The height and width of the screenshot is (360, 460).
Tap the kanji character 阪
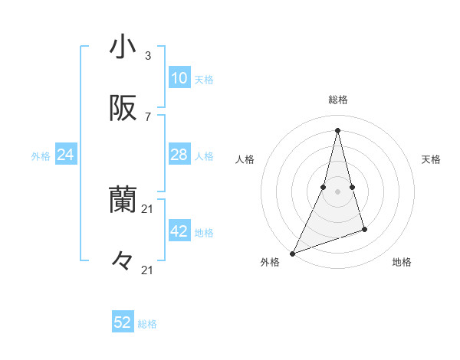point(123,110)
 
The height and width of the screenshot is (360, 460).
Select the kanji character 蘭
point(123,201)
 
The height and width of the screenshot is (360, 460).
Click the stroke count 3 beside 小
point(148,55)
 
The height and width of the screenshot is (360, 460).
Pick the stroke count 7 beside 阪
point(148,117)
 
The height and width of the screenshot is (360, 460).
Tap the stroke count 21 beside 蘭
point(148,208)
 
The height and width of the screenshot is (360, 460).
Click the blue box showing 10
point(179,78)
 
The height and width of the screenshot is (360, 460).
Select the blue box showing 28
point(179,155)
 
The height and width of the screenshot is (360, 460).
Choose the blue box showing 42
point(179,231)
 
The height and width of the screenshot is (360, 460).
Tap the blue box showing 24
point(66,155)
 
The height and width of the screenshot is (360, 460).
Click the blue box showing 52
point(123,322)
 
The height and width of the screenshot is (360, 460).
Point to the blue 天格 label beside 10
point(204,79)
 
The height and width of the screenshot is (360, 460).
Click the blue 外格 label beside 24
point(41,155)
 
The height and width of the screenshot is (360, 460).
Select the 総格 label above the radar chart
point(338,100)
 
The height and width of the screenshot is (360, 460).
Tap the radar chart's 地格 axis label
point(402,262)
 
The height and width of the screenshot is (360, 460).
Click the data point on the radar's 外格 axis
point(292,254)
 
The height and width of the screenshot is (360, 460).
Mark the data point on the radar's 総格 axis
point(337,129)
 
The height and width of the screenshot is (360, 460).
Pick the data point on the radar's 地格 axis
point(364,229)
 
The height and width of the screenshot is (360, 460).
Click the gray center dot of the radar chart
point(337,191)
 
